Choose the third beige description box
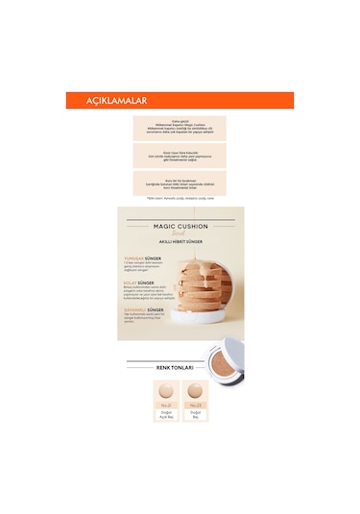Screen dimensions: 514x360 click(180, 184)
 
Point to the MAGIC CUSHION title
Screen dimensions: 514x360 click(180, 227)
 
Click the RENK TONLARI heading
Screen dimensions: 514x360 click(180, 367)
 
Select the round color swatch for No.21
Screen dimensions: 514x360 click(165, 392)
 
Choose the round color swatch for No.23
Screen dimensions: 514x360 click(195, 392)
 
